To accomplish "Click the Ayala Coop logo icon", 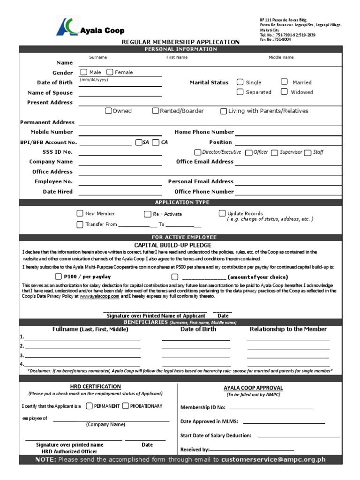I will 67,26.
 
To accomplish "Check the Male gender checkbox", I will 83,72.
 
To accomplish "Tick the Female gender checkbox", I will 110,72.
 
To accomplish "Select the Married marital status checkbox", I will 284,82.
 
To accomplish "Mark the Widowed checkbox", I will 284,91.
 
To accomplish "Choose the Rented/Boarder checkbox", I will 155,111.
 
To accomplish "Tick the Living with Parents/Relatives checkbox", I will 224,111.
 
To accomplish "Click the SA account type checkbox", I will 138,142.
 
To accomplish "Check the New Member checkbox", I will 80,214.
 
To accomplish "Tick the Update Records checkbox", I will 222,213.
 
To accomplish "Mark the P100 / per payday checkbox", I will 58,277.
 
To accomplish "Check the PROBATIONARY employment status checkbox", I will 125,406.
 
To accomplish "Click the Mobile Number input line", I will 120,134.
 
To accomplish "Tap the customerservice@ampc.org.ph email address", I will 273,460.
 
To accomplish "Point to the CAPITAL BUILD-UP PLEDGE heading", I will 172,245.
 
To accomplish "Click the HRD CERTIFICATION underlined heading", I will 95,387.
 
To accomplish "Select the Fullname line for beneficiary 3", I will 82,357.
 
